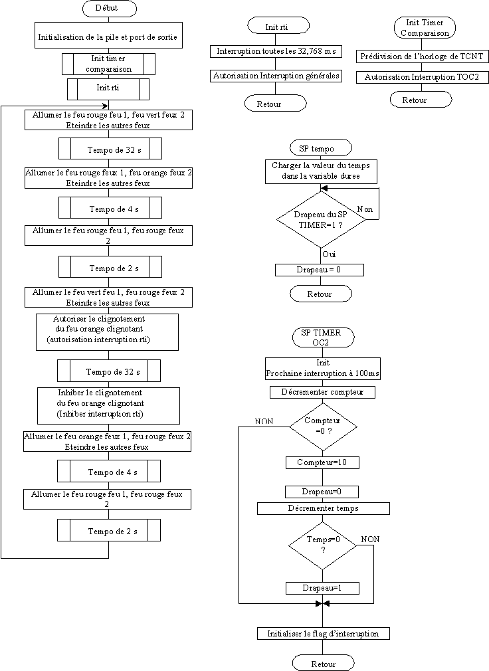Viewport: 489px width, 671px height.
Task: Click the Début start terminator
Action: pyautogui.click(x=109, y=8)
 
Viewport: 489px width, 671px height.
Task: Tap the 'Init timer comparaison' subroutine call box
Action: pyautogui.click(x=109, y=64)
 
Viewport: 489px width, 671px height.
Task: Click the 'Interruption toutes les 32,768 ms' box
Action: pyautogui.click(x=276, y=51)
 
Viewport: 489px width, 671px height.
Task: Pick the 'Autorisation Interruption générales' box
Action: pyautogui.click(x=276, y=76)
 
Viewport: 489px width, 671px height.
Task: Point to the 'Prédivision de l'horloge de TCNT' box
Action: pyautogui.click(x=422, y=56)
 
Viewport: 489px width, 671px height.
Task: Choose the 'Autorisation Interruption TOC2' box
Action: pyautogui.click(x=422, y=77)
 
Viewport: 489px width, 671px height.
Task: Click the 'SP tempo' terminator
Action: pyautogui.click(x=320, y=148)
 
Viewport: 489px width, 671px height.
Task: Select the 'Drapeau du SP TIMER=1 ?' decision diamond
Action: pyautogui.click(x=321, y=219)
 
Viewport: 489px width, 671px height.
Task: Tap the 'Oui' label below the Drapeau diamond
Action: pyautogui.click(x=329, y=254)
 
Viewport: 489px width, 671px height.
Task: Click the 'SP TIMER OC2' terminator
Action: pyautogui.click(x=323, y=337)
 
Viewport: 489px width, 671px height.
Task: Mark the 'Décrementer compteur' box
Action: pyautogui.click(x=323, y=392)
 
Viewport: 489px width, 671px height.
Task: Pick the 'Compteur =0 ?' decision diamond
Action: pyautogui.click(x=323, y=427)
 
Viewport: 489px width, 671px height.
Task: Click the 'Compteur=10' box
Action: pyautogui.click(x=322, y=462)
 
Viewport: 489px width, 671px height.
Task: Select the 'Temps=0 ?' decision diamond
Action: pyautogui.click(x=323, y=545)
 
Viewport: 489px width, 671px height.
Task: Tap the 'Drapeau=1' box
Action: pyautogui.click(x=322, y=588)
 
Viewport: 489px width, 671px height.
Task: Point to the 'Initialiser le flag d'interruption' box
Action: pyautogui.click(x=323, y=634)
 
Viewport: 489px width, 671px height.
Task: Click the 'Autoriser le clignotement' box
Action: pyautogui.click(x=107, y=332)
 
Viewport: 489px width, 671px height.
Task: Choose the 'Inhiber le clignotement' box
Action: pyautogui.click(x=108, y=406)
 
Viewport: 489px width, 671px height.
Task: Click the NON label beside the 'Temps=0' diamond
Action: pyautogui.click(x=370, y=539)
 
